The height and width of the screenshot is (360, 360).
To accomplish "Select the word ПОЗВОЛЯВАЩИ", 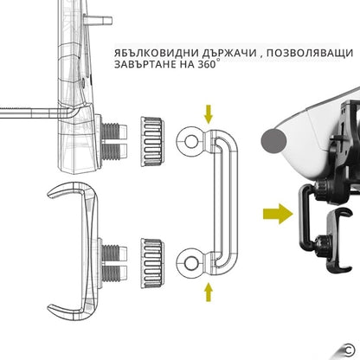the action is point(308,54).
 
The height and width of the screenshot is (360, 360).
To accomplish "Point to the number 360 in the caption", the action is point(207,64).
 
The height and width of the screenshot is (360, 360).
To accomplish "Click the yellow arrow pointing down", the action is point(208,114).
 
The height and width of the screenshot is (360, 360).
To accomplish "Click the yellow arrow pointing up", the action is point(208,292).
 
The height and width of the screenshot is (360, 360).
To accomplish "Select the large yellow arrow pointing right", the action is point(278,214).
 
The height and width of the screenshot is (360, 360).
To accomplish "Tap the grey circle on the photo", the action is point(273,141).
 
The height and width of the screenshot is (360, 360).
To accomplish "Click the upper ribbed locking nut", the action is point(152,141).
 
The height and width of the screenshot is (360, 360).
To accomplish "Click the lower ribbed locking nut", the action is point(152,263).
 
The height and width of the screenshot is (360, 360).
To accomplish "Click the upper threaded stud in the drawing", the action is point(114,141).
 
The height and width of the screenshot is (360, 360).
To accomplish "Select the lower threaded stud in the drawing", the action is point(114,263).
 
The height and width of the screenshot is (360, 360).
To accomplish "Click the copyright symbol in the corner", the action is point(350,350).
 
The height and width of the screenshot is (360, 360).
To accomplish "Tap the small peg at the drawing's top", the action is point(98,21).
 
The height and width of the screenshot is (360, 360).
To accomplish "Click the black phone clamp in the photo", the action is point(338,240).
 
